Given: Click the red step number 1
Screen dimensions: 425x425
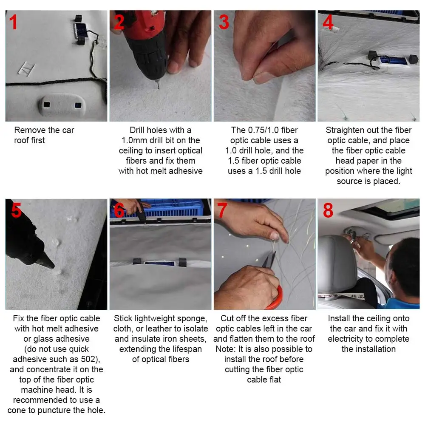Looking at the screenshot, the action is pyautogui.click(x=13, y=22).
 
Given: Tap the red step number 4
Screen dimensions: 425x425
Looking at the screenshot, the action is pyautogui.click(x=328, y=22).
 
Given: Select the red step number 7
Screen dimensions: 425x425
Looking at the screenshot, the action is pyautogui.click(x=222, y=210).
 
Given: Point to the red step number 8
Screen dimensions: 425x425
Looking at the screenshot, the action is pyautogui.click(x=328, y=210).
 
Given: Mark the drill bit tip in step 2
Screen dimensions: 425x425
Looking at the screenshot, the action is pyautogui.click(x=159, y=88).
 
